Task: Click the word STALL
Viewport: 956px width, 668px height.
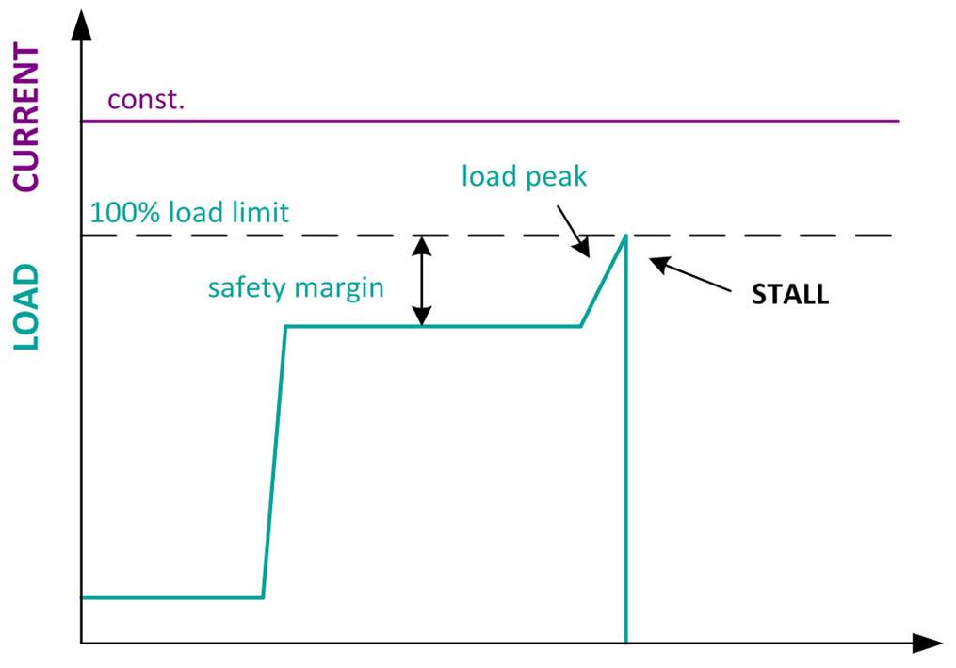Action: point(789,294)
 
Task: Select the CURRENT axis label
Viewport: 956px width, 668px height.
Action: point(26,117)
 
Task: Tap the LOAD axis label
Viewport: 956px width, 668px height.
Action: point(26,307)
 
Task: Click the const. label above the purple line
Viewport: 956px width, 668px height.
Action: point(146,99)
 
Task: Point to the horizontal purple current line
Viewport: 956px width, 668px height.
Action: point(490,122)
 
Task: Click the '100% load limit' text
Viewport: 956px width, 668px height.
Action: point(189,212)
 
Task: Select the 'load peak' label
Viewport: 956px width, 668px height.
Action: point(524,176)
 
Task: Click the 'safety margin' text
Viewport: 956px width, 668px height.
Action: point(296,286)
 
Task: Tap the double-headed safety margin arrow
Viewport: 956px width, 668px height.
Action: point(423,280)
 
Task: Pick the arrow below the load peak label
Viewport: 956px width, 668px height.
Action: point(573,232)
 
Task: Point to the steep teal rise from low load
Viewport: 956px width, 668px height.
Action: point(274,462)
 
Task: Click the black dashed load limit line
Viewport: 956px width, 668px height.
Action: point(753,235)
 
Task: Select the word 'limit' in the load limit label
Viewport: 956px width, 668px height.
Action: point(258,212)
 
